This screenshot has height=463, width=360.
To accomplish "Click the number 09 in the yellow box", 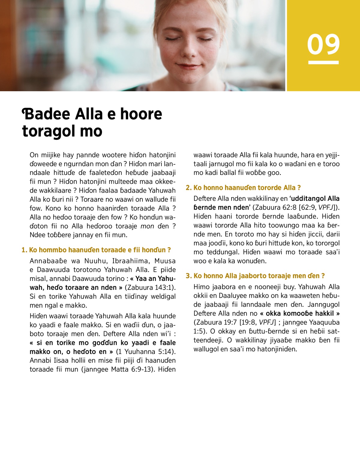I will click(323, 45).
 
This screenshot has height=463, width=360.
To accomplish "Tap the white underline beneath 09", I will click(323, 62).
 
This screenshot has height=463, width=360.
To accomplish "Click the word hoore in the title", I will click(141, 114).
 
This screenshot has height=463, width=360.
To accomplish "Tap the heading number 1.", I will click(24, 250).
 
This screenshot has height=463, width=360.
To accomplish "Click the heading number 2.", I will click(188, 188).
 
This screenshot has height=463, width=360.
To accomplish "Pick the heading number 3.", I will click(188, 276).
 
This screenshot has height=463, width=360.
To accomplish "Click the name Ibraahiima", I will click(130, 261).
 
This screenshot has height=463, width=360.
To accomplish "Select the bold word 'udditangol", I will click(305, 199).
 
